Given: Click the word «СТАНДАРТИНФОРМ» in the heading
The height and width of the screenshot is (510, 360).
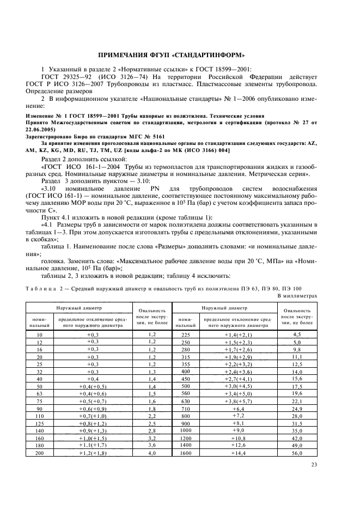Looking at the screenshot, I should pos(209,54).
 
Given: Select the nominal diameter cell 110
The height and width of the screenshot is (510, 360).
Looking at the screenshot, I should pos(39,416).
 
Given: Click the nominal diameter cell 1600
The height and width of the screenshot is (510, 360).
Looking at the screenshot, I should pos(186,452).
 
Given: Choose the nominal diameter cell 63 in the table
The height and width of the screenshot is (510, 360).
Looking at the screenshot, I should pos(39,393).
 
